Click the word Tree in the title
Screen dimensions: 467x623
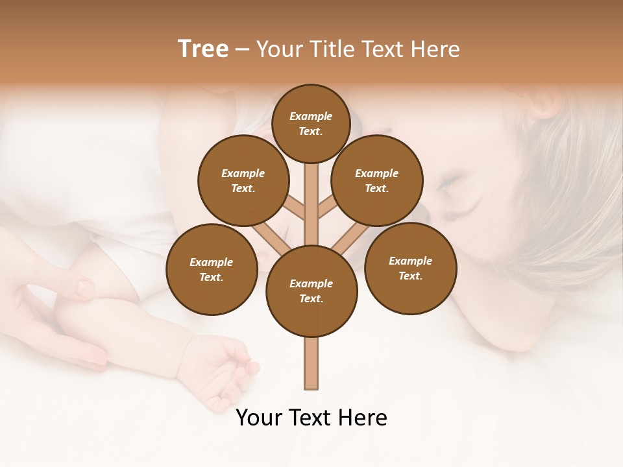(x=203, y=49)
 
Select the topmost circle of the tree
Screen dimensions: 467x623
(x=311, y=123)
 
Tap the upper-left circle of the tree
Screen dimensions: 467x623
(x=243, y=180)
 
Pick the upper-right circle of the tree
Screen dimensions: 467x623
(x=377, y=180)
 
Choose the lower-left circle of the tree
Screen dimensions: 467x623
(x=212, y=269)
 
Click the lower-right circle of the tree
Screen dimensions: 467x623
(x=410, y=268)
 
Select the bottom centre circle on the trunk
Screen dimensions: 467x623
(x=311, y=291)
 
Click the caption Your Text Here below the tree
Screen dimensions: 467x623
(x=311, y=418)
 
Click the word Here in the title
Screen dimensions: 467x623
(x=436, y=49)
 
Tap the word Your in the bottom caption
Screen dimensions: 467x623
(x=258, y=418)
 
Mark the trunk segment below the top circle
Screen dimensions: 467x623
(x=311, y=195)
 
